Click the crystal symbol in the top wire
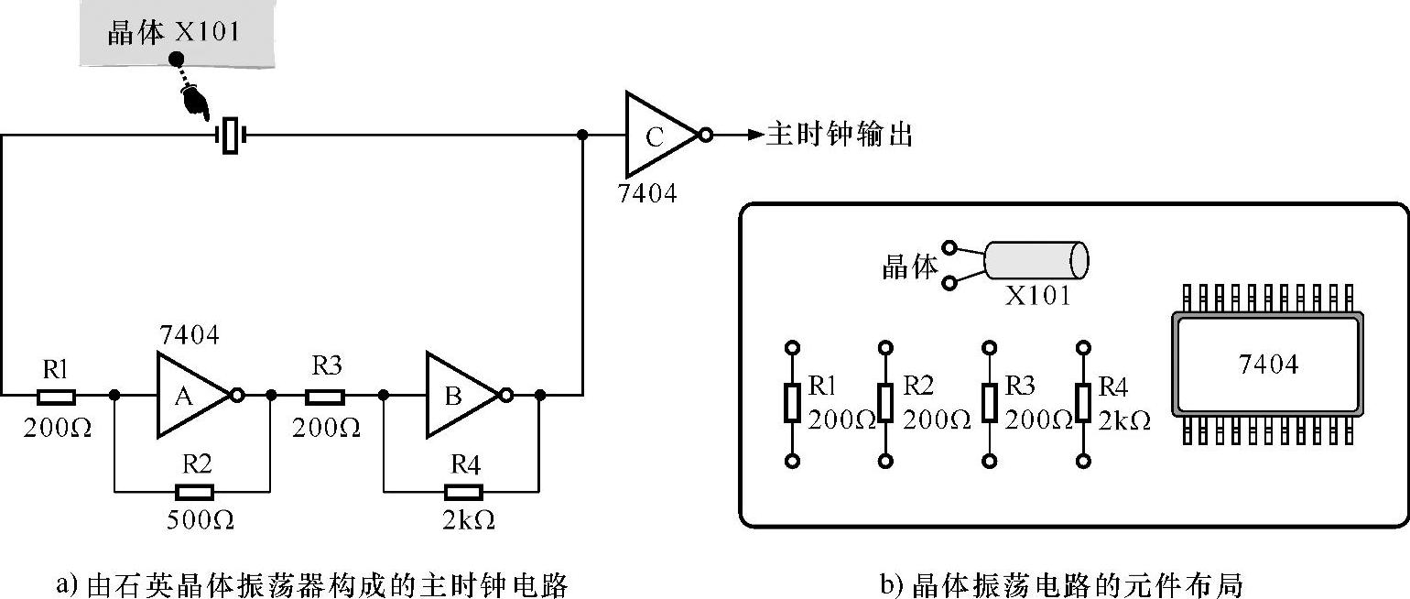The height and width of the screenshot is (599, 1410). tap(231, 135)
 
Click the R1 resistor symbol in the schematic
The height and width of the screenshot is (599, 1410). tap(56, 397)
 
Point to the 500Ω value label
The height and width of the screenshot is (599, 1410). tap(201, 520)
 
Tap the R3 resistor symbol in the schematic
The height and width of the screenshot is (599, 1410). tap(325, 397)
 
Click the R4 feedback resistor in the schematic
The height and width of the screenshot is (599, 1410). tap(464, 492)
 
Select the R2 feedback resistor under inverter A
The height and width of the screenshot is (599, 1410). tap(194, 492)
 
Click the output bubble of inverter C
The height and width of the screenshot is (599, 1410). tap(706, 135)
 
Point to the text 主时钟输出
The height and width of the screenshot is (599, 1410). tap(839, 135)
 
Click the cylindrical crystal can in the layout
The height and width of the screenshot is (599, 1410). tap(1036, 260)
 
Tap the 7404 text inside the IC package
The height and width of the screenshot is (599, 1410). tap(1268, 365)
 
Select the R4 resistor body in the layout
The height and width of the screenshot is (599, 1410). tap(1082, 402)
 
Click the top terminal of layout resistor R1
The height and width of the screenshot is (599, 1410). tap(793, 347)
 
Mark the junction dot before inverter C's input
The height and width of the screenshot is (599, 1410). tap(583, 135)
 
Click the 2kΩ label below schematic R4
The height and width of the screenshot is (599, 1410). tap(469, 520)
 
